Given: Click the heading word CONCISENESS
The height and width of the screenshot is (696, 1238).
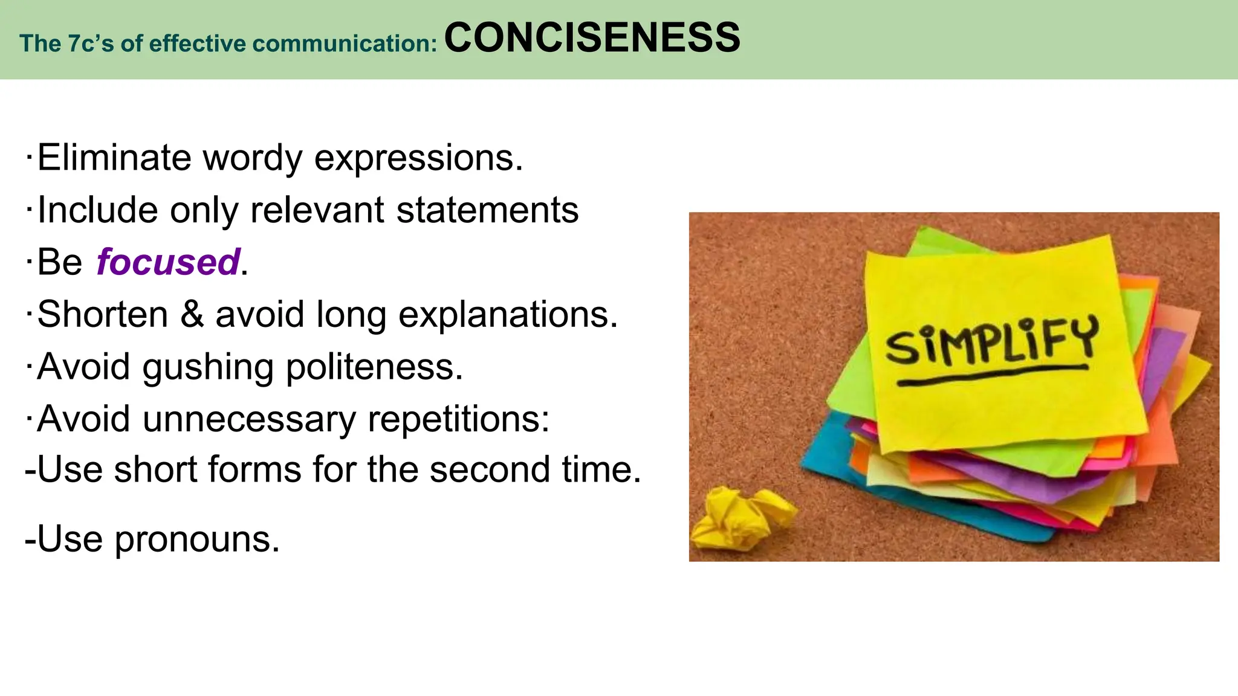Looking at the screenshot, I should pos(592,37).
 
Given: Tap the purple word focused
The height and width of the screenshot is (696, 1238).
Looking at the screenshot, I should pos(168,262).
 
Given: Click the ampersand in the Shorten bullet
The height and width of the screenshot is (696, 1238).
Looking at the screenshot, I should pos(192,314).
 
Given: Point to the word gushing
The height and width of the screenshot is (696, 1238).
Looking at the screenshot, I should pos(208,367).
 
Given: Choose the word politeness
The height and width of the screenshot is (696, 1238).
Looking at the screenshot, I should pos(374,367).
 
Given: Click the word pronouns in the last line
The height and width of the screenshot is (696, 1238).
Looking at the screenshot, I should pos(197,540).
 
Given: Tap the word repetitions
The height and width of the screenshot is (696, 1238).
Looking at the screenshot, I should pos(459,419).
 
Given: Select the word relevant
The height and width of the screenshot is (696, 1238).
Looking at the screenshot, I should pos(317,210).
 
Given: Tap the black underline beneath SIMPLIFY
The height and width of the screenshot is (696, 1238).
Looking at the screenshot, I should pos(991,375).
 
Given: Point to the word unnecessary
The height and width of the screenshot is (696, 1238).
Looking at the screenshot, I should pos(249,419).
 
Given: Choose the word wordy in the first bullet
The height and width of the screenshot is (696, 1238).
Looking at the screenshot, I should pos(252,158).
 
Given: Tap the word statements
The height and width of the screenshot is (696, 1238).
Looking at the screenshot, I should pos(487,210).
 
